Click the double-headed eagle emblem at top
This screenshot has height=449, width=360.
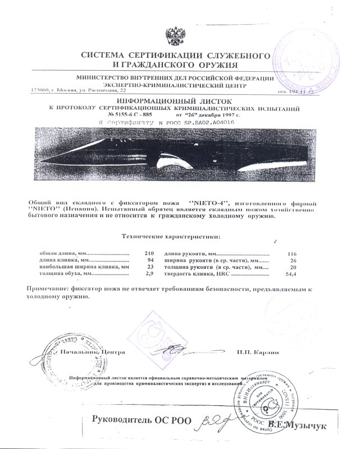coord(179,34)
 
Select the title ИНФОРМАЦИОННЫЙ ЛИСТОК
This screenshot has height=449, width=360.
coord(180,98)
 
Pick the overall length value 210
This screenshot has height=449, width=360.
coord(140,253)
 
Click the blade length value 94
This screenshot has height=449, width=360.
coord(142,261)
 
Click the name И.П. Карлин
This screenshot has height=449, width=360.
coord(259,352)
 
